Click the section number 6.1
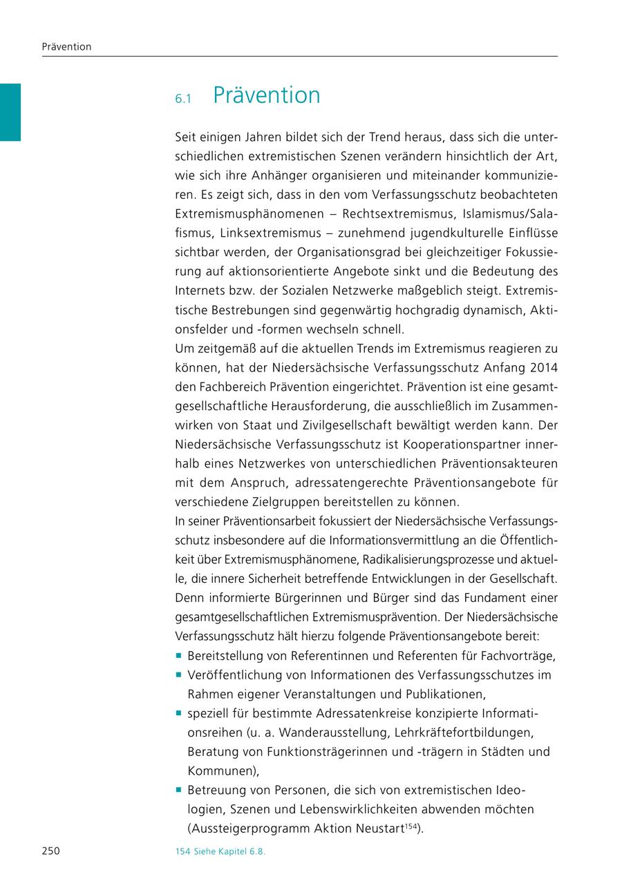tap(182, 99)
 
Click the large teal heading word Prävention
tap(267, 95)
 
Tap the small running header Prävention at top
tap(66, 47)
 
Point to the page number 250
tap(51, 851)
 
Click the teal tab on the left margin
tap(10, 112)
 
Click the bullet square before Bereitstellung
tap(179, 655)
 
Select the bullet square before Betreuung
tap(179, 789)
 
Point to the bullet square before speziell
tap(179, 713)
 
